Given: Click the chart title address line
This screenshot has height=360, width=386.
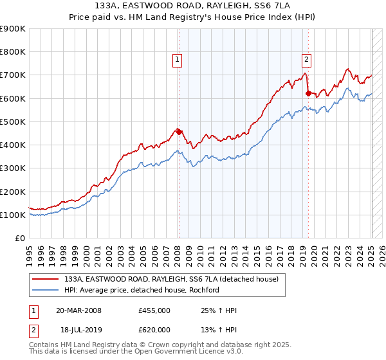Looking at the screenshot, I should point(192,6).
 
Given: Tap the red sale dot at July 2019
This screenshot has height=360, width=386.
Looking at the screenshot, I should point(308,93).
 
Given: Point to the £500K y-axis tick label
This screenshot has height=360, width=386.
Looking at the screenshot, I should point(12,122).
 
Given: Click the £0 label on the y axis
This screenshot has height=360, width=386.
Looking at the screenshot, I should point(19,238).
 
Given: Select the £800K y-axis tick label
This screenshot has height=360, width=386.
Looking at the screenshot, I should point(12,51).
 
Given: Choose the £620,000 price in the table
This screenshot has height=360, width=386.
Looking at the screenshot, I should point(154,330).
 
